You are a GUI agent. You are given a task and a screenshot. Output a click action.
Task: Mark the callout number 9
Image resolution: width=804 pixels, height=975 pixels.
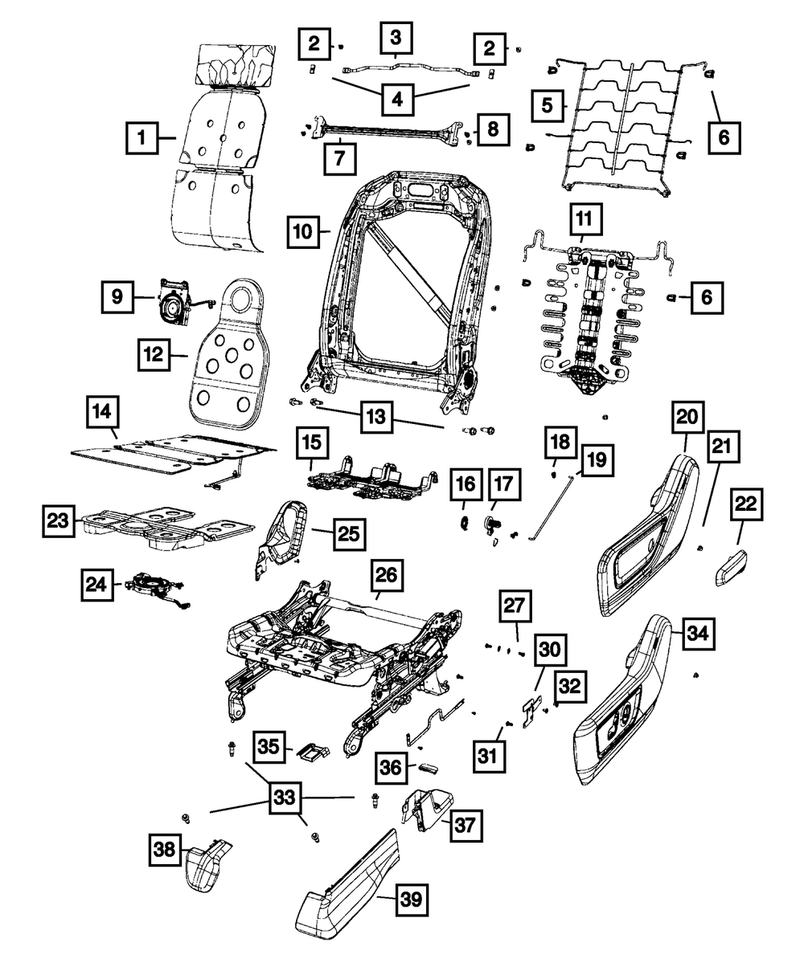point(117,296)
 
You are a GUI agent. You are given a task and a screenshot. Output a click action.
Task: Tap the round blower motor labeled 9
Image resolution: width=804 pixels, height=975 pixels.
point(170,306)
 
